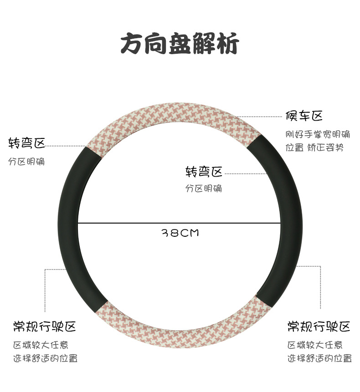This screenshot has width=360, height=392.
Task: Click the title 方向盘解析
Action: pyautogui.click(x=180, y=45)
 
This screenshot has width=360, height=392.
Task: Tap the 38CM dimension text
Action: pyautogui.click(x=180, y=233)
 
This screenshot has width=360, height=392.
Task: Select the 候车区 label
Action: pyautogui.click(x=304, y=116)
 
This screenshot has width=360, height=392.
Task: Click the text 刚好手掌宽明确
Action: pyautogui.click(x=318, y=134)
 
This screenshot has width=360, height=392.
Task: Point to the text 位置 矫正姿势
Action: pyautogui.click(x=314, y=148)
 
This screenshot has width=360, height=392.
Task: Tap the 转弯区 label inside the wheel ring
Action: pyautogui.click(x=204, y=172)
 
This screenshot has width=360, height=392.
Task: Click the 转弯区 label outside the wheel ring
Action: pyautogui.click(x=27, y=143)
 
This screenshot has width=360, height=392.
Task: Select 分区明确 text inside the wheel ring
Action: pyautogui.click(x=204, y=188)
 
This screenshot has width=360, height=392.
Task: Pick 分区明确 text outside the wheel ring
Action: pyautogui.click(x=27, y=162)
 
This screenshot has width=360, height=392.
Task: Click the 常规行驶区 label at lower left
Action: pyautogui.click(x=45, y=326)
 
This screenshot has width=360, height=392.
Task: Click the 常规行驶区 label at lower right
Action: pyautogui.click(x=319, y=326)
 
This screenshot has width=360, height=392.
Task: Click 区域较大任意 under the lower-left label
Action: pyautogui.click(x=41, y=345)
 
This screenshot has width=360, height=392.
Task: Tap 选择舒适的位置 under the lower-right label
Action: pyautogui.click(x=319, y=359)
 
